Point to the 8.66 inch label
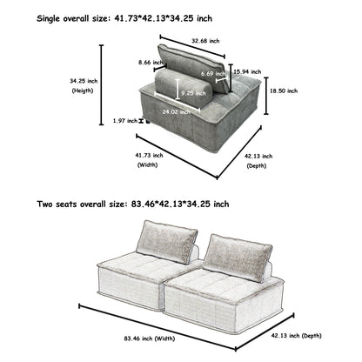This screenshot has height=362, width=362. pyautogui.click(x=151, y=63)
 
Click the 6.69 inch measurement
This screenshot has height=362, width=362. pyautogui.click(x=211, y=74)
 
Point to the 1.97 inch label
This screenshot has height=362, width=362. pyautogui.click(x=125, y=121)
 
